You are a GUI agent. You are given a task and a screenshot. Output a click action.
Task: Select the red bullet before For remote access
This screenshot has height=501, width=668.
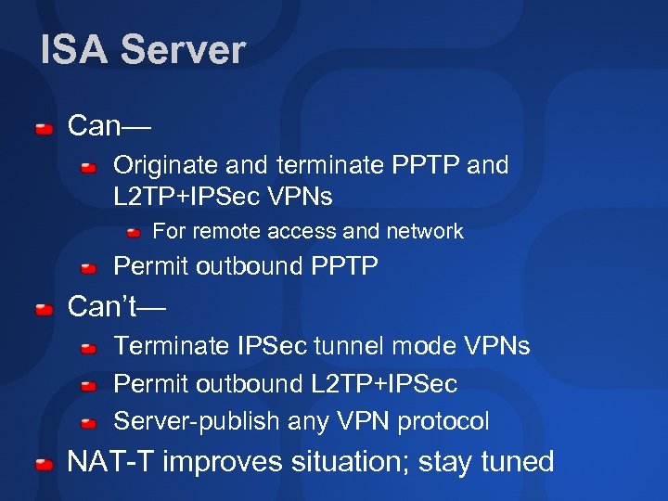point(135,231)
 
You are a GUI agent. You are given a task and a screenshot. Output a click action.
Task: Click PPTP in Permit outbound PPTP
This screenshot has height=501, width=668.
point(344,267)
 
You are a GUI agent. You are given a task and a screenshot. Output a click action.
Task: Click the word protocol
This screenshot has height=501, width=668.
point(443,421)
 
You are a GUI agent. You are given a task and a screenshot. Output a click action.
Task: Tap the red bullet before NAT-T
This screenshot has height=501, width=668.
point(44,463)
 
